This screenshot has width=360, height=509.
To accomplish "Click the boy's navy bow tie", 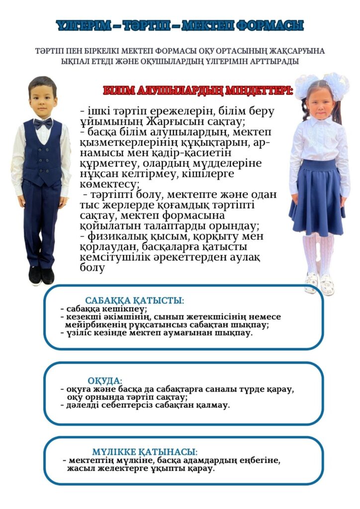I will click(43, 122).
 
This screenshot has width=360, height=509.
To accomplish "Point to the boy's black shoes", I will click(41, 275).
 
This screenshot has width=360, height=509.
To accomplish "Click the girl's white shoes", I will click(319, 284).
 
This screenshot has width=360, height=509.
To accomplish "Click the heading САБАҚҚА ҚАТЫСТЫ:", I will click(134, 301).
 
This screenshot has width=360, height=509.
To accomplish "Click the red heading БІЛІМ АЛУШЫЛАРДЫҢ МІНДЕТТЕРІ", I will click(198, 91).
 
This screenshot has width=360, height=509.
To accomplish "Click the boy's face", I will click(42, 97).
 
